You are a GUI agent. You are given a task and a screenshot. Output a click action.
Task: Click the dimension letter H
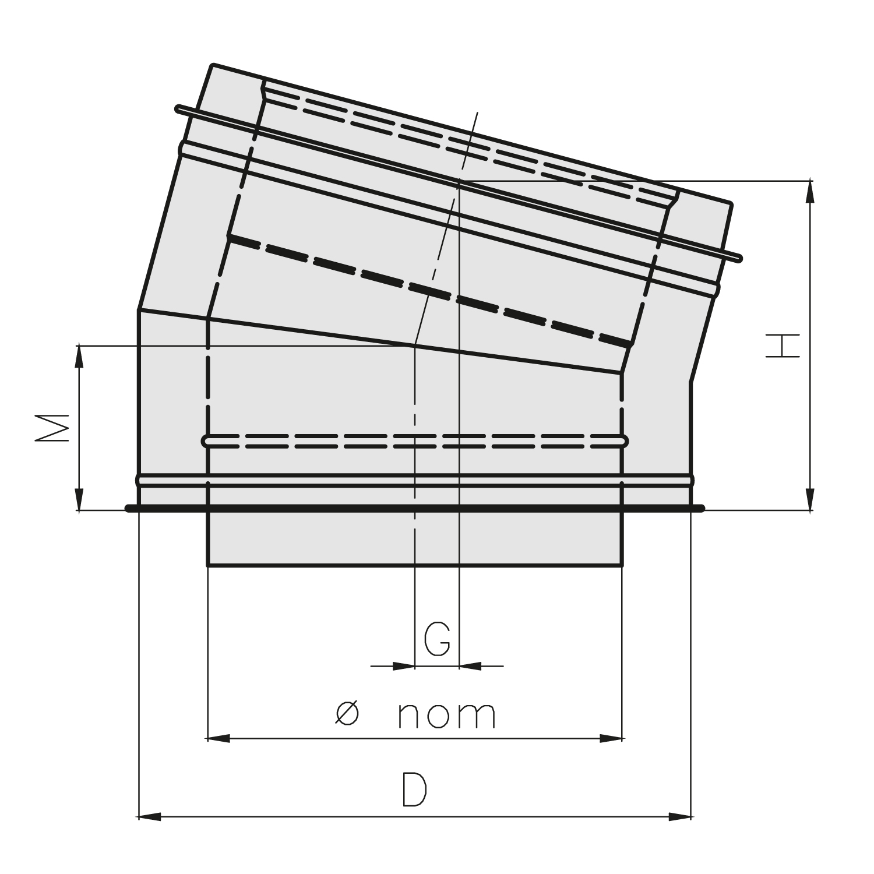coord(782,346)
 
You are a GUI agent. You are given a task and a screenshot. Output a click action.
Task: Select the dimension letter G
coord(437,639)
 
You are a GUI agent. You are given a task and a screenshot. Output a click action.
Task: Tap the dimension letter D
coord(414,790)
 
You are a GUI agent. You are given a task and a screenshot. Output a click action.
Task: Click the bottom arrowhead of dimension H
coord(810,499)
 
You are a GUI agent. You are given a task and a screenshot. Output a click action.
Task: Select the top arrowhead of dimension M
coord(79,357)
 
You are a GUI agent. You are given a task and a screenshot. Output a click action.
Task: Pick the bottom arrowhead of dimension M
coord(79,500)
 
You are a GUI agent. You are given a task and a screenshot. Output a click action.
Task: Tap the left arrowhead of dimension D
coord(150,817)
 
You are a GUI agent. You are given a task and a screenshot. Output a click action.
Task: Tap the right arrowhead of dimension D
coord(680,817)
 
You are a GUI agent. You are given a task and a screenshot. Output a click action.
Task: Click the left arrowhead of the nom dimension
coord(219,738)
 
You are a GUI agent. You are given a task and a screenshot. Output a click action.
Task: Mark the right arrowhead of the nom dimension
coord(611,738)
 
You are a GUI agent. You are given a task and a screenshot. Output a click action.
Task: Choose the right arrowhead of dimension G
coord(470,665)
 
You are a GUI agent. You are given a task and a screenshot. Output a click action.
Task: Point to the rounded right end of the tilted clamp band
coord(739,258)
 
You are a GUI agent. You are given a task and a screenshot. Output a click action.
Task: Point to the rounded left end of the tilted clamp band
coord(179,108)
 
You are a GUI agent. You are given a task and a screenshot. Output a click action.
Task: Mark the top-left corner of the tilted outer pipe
coord(213,65)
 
